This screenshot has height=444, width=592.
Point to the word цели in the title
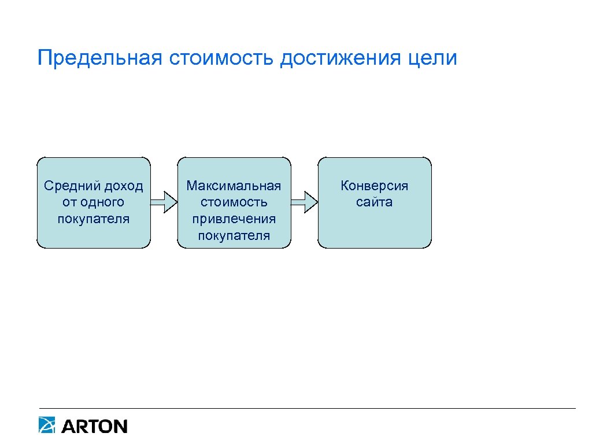click(437, 58)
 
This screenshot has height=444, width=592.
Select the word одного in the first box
click(102, 202)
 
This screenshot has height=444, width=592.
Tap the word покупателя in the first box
click(94, 219)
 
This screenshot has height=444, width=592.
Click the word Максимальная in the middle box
click(234, 186)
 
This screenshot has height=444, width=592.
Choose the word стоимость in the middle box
click(234, 202)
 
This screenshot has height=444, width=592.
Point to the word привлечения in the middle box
click(234, 219)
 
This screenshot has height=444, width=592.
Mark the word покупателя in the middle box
click(234, 235)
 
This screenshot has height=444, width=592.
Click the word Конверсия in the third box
click(375, 186)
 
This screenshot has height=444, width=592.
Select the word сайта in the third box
click(375, 202)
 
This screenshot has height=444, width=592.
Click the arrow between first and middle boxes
click(164, 202)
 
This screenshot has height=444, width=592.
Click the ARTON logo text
click(94, 427)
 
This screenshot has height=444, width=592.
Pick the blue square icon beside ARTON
click(47, 425)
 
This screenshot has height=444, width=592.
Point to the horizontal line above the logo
click(307, 409)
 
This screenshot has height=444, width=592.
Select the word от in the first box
click(69, 202)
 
